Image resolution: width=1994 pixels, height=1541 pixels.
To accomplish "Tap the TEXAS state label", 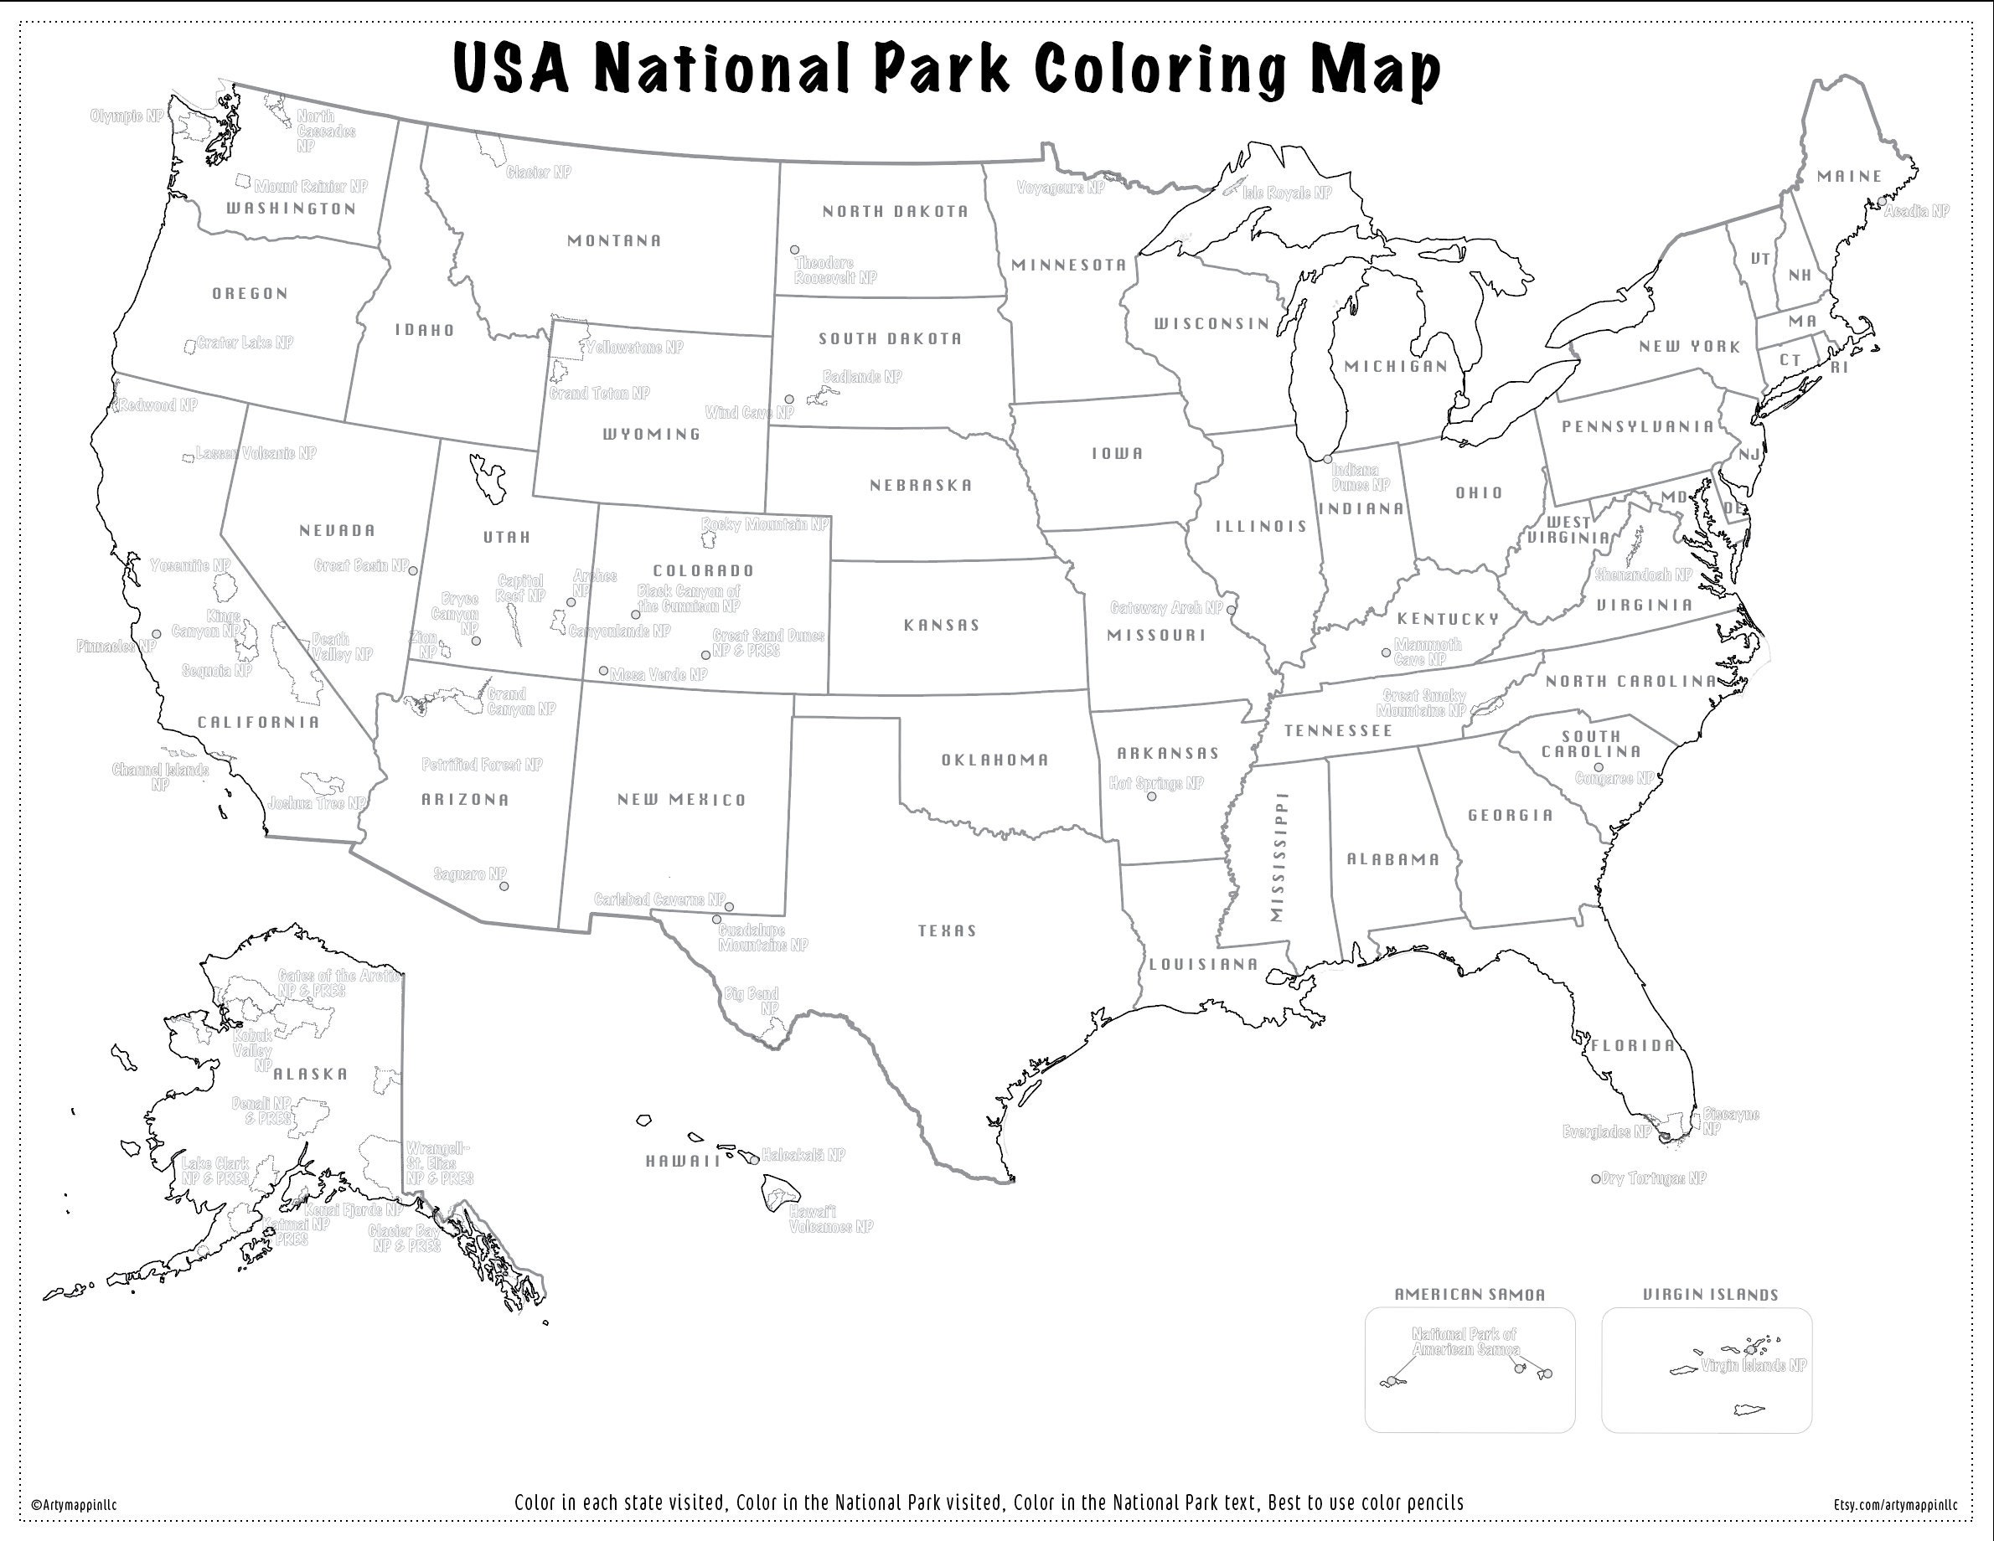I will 947,931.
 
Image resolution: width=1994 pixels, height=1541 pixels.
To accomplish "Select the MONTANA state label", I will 613,241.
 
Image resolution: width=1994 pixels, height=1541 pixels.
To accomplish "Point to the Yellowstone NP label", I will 634,348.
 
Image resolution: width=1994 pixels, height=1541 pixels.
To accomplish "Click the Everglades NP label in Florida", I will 1607,1132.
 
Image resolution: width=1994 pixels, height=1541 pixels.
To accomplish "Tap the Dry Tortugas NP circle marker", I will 1596,1178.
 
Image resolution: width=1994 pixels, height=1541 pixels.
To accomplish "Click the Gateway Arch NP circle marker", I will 1231,609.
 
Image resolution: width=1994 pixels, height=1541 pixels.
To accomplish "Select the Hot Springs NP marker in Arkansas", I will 1151,797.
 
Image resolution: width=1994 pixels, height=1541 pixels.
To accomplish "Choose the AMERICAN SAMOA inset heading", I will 1469,1295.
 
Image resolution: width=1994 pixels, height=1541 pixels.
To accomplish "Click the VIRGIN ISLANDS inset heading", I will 1710,1295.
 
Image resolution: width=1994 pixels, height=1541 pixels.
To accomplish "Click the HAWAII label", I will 683,1162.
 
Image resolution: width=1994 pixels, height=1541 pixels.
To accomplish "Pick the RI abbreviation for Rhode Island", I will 1839,368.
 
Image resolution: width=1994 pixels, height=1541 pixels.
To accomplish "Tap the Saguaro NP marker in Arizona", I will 504,886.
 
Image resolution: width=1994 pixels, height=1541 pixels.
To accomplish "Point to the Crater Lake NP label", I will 245,343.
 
